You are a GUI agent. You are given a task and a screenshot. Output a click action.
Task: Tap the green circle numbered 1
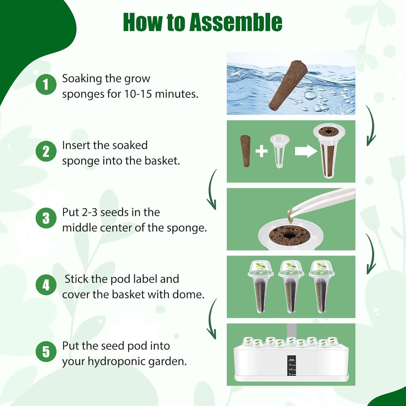click(x=46, y=84)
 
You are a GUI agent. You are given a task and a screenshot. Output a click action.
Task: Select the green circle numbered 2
click(x=46, y=151)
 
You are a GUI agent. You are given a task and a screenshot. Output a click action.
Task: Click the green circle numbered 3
click(x=46, y=218)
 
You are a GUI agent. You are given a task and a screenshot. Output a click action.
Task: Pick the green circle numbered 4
click(x=46, y=285)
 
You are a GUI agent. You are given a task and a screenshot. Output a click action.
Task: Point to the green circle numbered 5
click(x=46, y=351)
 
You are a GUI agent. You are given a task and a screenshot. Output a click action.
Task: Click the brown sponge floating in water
click(x=288, y=85)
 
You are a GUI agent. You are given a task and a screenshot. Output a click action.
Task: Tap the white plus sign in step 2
click(x=261, y=151)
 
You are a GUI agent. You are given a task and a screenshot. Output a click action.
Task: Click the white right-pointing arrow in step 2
click(x=306, y=151)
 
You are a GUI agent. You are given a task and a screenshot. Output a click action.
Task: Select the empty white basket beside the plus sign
click(x=279, y=150)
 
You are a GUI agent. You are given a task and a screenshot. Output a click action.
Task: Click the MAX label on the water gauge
click(x=291, y=360)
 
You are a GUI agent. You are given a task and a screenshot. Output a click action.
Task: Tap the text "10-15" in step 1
click(x=138, y=94)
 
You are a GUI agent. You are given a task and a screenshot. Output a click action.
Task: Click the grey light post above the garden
click(x=291, y=330)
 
